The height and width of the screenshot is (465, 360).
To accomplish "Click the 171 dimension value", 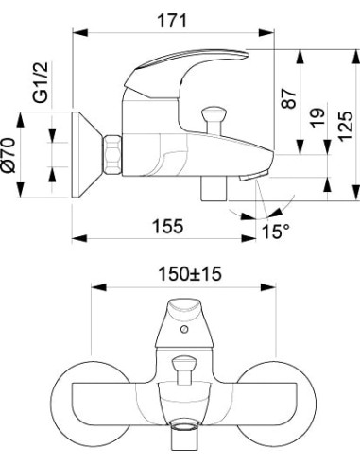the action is point(172,21).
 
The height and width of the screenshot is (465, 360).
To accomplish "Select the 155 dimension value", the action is point(167,226).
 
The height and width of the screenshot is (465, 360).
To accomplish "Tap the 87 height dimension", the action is point(289,98).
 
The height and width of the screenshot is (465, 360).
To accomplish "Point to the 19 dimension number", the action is point(317,117).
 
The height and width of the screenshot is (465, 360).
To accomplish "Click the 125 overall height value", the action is point(345,126).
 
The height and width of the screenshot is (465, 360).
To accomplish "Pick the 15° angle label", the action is point(276,232).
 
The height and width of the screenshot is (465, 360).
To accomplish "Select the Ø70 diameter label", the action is point(9,155).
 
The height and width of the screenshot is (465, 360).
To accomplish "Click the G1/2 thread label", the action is point(41,82).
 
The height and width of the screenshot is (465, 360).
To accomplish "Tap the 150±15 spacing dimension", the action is point(190,274).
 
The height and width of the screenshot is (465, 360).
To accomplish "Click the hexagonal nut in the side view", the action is point(112,155).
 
